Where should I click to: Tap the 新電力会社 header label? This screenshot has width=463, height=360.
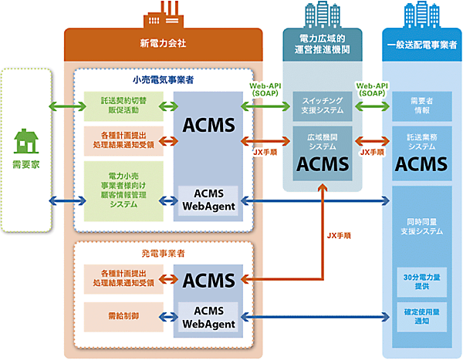(163, 45)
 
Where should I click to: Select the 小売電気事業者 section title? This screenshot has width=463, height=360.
(163, 79)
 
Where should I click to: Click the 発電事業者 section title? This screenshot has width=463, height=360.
(163, 253)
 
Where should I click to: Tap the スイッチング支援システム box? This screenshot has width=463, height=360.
(323, 104)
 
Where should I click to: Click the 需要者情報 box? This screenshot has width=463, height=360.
(421, 104)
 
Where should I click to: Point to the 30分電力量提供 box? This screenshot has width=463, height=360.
(421, 281)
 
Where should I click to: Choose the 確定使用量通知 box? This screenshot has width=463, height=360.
(421, 316)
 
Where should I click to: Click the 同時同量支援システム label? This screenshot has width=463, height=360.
(421, 226)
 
